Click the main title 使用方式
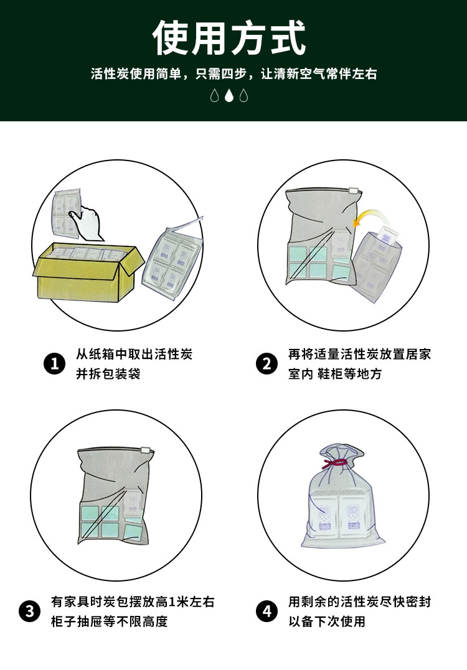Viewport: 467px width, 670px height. point(229,37)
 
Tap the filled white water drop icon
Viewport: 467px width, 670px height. point(229,95)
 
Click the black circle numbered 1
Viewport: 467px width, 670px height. point(55,364)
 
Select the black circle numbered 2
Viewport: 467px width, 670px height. point(267,364)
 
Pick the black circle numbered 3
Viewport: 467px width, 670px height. point(29,611)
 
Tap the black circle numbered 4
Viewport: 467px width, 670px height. point(267,611)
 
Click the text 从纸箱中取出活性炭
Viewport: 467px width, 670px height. point(134,354)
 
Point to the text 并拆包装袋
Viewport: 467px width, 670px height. point(108,373)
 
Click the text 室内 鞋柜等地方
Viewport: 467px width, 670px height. point(335,373)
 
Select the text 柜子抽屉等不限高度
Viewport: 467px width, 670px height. point(110,621)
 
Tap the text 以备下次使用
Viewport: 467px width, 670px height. point(327,621)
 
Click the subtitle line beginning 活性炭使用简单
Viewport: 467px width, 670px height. point(234,73)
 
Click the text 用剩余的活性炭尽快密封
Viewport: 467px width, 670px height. point(360,602)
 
